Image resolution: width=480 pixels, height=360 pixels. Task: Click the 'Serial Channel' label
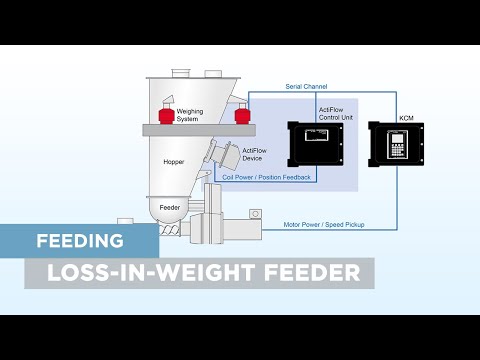point(306,87)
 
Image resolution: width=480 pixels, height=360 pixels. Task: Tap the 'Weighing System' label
point(189,116)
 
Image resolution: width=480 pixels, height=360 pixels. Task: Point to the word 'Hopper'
point(174,161)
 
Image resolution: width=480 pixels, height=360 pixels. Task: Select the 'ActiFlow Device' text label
point(255,155)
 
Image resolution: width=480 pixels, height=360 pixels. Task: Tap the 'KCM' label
point(406,118)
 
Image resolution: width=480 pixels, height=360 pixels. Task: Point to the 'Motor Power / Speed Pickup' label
point(324,225)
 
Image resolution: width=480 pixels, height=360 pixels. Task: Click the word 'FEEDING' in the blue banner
point(79,241)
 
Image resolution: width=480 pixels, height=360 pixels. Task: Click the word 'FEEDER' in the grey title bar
point(309,272)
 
